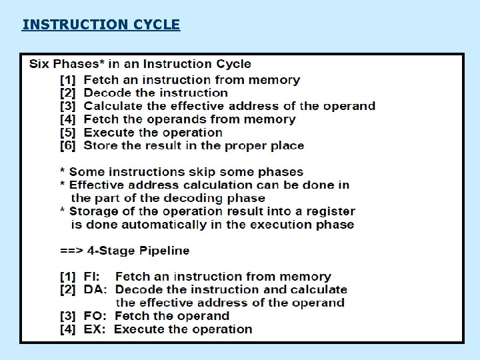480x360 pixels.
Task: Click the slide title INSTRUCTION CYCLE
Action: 101,25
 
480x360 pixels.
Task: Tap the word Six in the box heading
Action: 39,65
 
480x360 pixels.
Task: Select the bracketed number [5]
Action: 69,133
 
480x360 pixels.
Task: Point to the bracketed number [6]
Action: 69,145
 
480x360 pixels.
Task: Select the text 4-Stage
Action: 101,251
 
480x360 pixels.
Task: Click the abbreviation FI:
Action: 93,277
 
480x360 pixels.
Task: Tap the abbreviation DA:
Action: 96,290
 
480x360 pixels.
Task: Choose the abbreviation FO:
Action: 96,316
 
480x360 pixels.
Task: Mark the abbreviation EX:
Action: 95,329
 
